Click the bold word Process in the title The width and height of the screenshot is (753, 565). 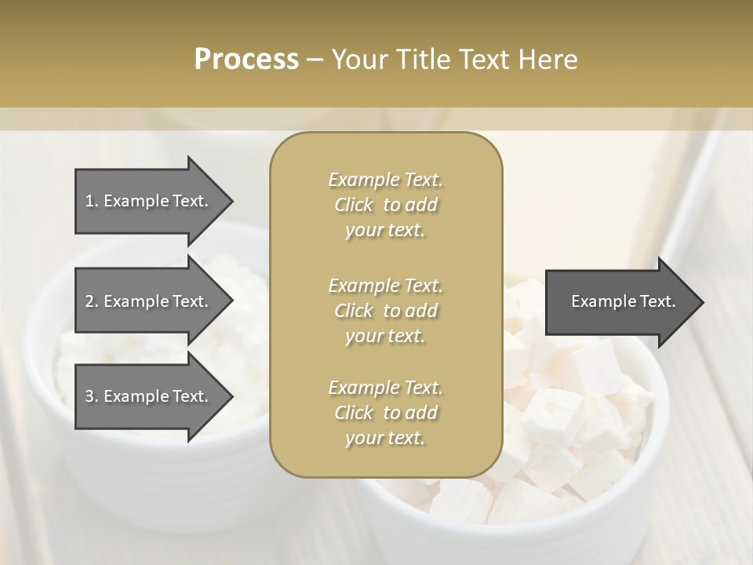point(246,60)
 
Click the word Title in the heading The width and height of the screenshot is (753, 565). point(425,60)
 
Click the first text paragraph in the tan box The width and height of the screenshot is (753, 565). point(386,205)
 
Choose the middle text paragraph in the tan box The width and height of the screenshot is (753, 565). point(386,311)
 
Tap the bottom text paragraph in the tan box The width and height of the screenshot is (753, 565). point(386,413)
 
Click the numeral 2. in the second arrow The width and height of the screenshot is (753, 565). point(92,301)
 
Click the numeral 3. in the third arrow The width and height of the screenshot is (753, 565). point(92,396)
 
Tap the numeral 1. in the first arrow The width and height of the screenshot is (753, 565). point(91,201)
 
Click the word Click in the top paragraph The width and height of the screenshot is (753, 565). point(354,205)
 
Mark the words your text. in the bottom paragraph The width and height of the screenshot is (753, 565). point(385,438)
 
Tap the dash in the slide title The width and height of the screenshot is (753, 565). point(315,60)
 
